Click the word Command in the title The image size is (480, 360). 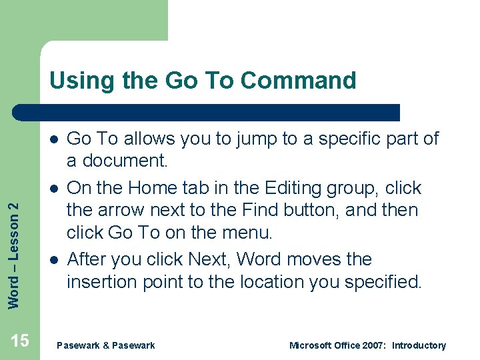tap(298, 81)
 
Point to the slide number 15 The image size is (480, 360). tap(20, 341)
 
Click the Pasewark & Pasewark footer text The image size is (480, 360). tap(106, 345)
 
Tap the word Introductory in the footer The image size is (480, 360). tap(419, 345)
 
